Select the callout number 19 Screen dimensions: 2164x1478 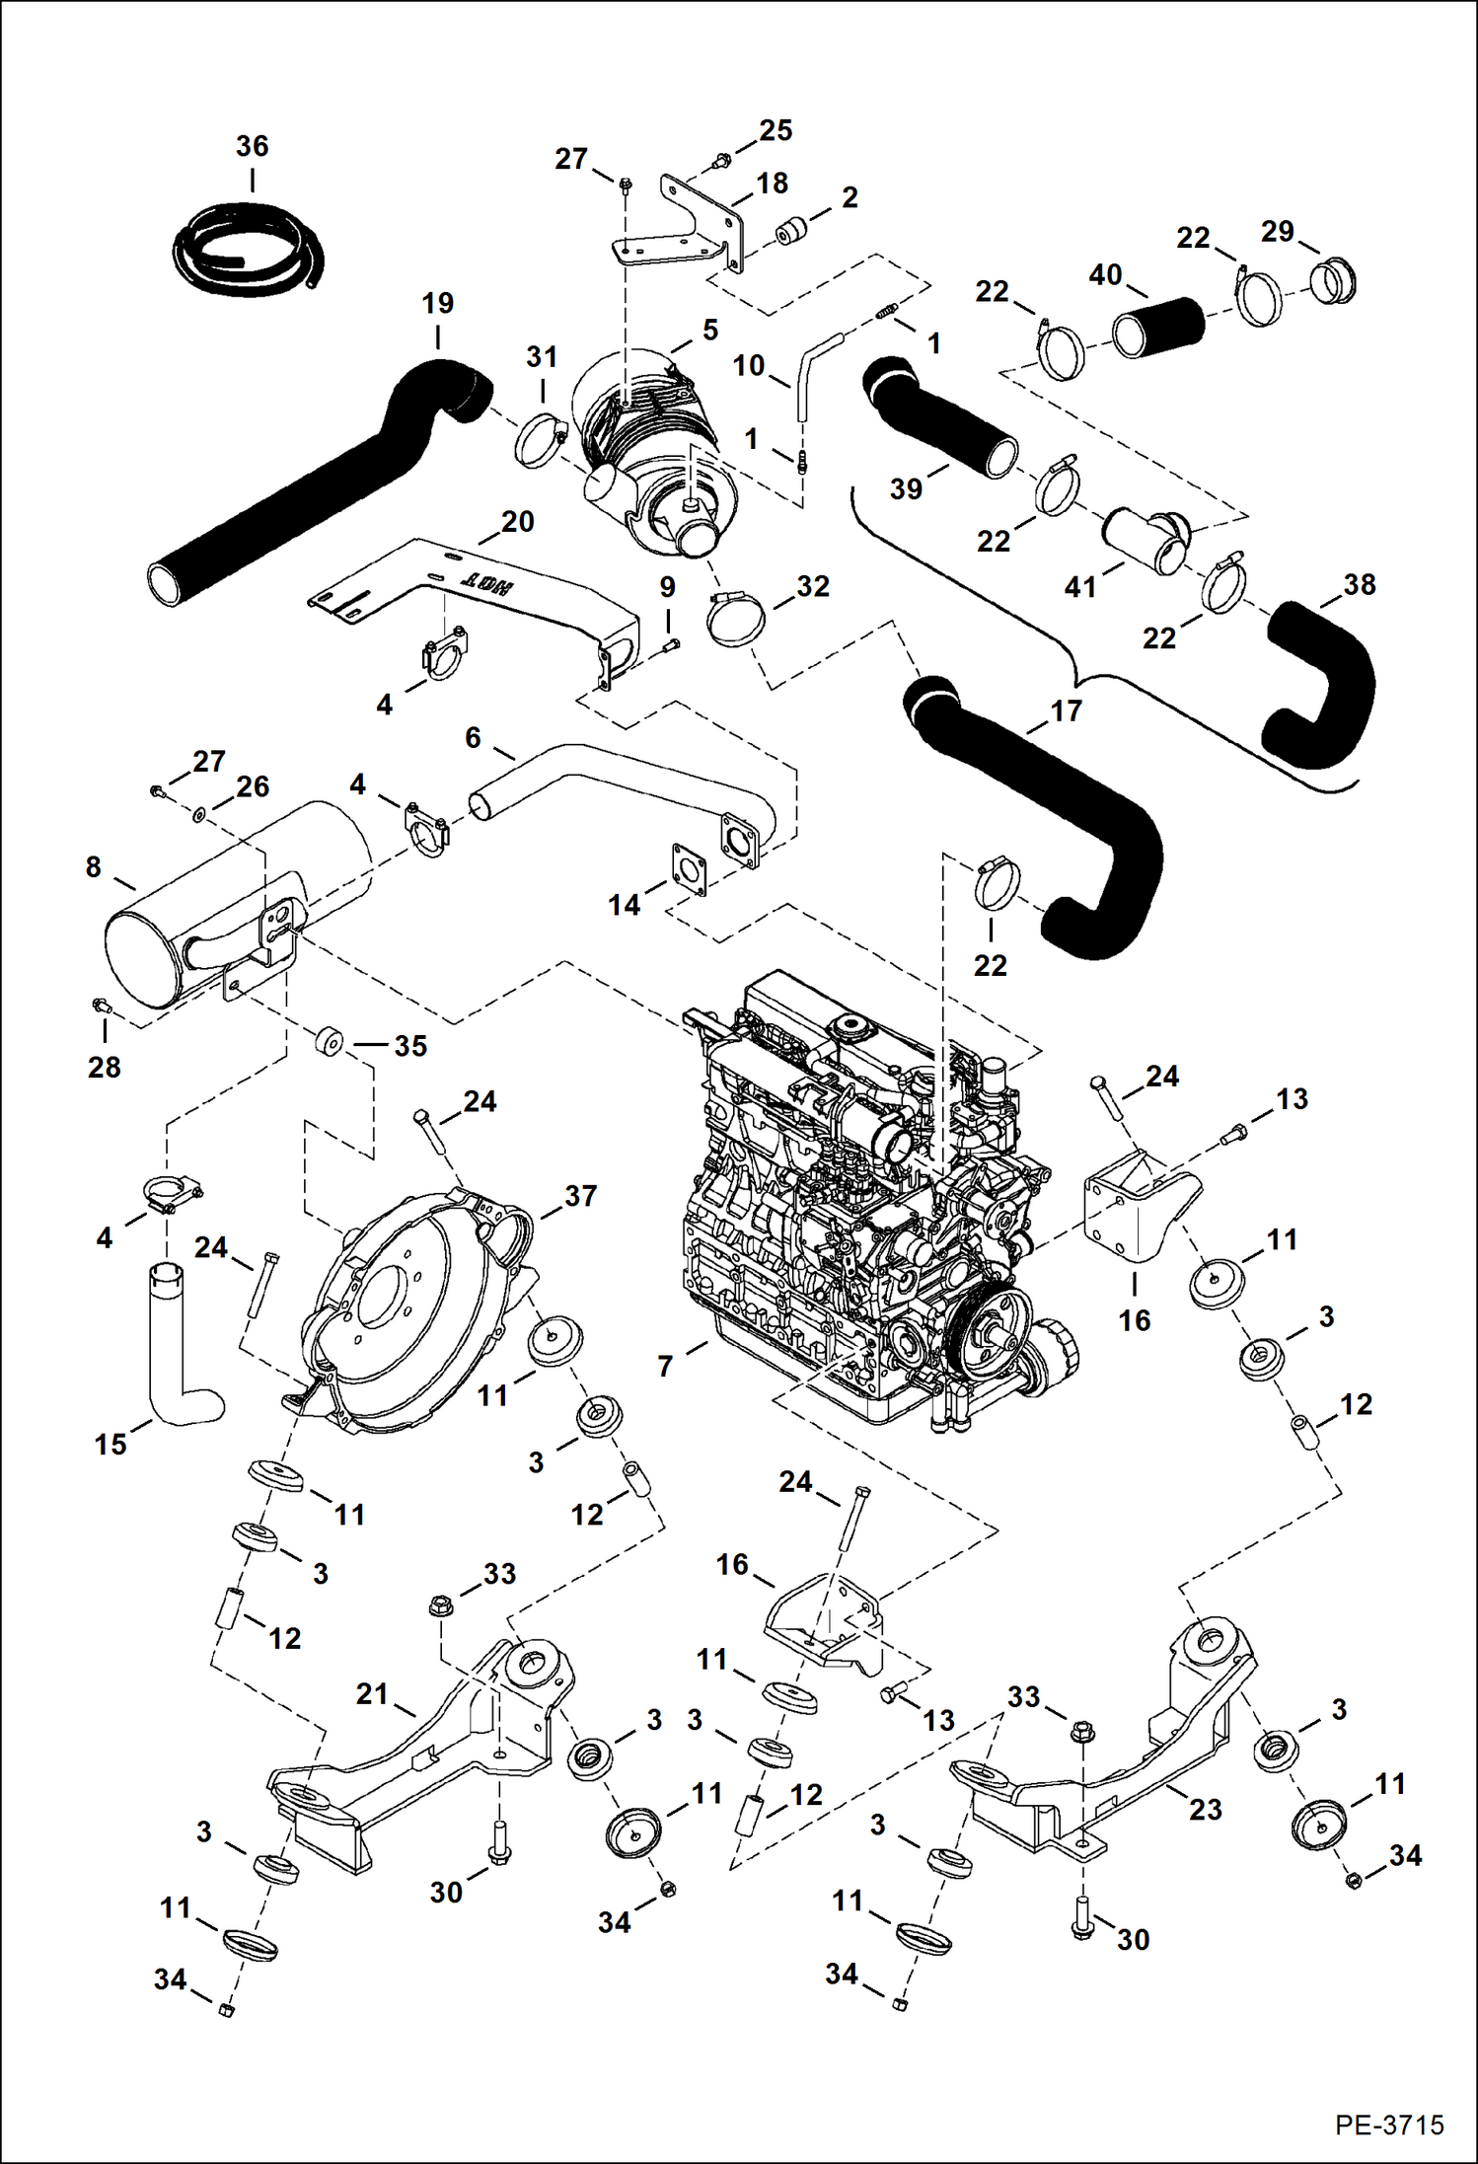pos(437,303)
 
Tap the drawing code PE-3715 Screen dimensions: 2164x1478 pos(1389,2125)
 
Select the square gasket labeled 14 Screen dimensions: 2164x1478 pos(690,868)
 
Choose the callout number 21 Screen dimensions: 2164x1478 pos(371,1693)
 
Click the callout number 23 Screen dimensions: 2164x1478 pos(1205,1809)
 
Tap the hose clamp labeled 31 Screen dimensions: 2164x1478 pos(541,441)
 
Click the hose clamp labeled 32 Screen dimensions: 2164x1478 pos(736,620)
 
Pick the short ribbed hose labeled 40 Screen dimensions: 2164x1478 pos(1159,328)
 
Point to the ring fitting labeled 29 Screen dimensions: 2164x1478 pos(1334,282)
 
